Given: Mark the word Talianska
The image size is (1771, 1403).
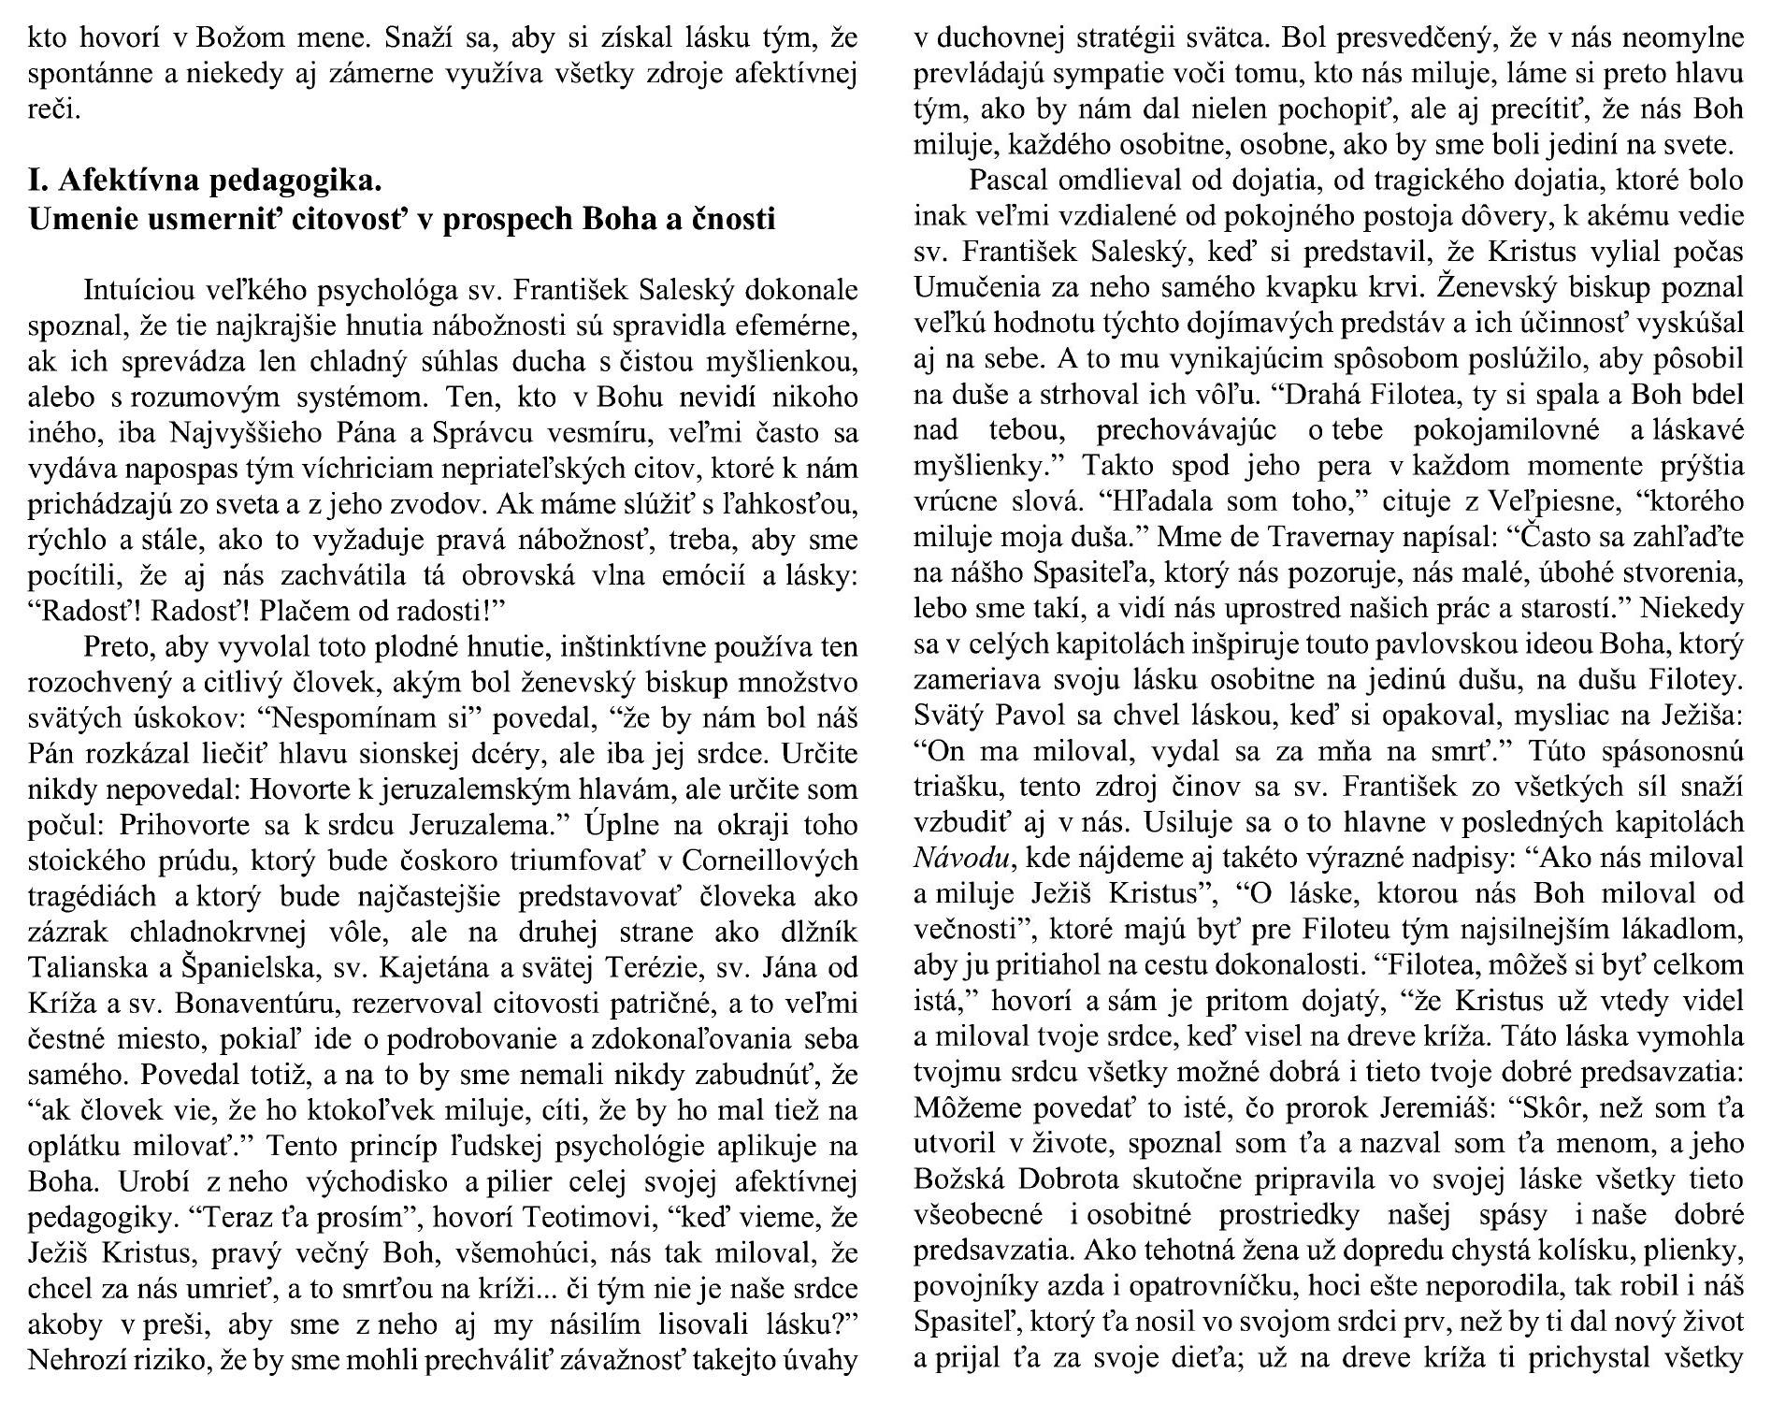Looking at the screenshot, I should tap(81, 967).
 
